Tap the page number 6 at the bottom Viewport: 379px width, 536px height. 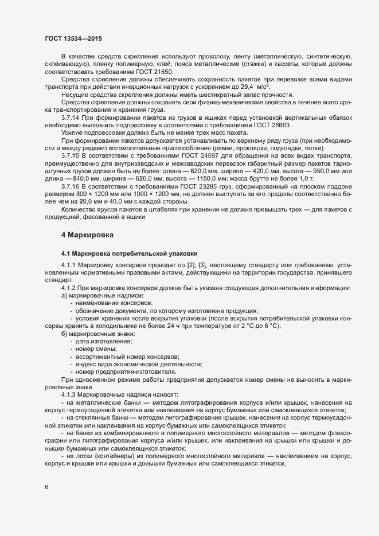pos(46,488)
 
